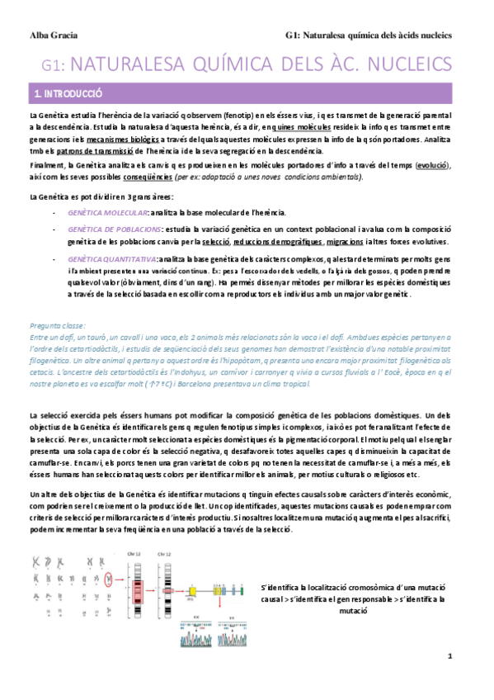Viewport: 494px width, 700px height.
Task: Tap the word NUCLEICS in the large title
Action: tap(406, 64)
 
